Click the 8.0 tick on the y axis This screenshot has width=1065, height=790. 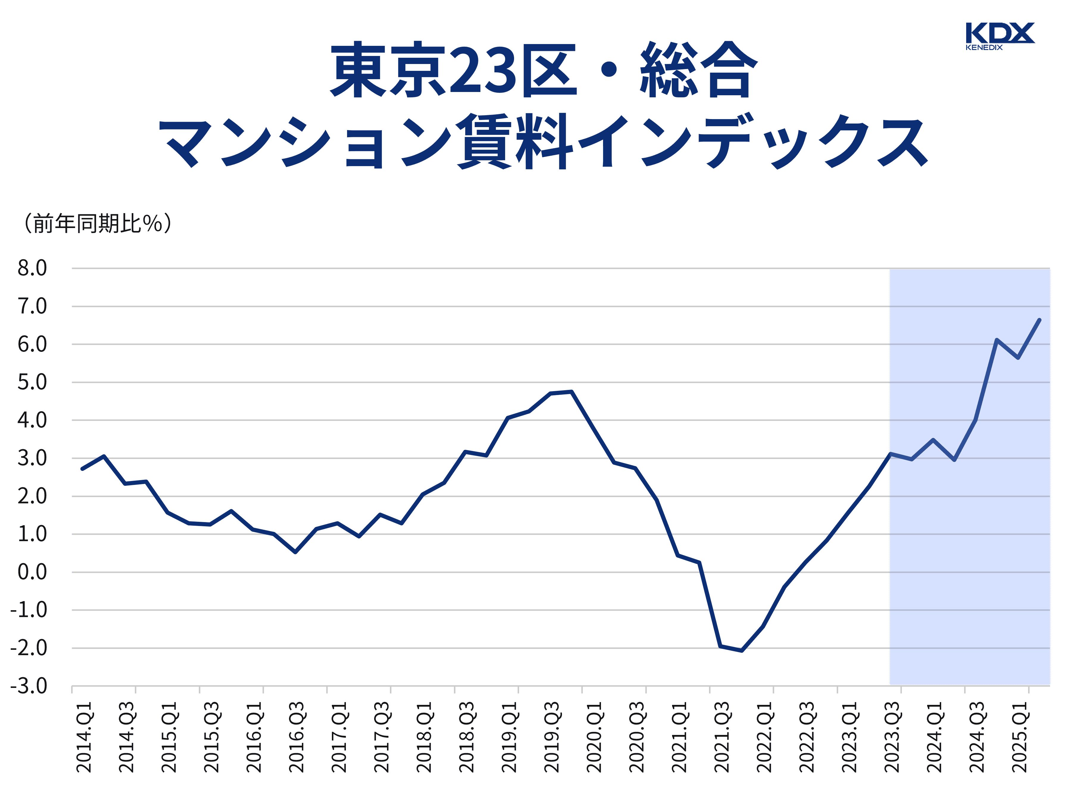(x=32, y=268)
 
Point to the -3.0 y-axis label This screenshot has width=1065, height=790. (x=29, y=686)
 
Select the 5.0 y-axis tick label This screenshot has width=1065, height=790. (x=32, y=382)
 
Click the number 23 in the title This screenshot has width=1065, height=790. (x=483, y=71)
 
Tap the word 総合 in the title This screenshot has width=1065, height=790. (x=698, y=71)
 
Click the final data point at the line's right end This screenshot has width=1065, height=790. (x=1039, y=320)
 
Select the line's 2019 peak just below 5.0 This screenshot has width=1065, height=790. (x=571, y=392)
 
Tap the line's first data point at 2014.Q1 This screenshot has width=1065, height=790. (x=83, y=469)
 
